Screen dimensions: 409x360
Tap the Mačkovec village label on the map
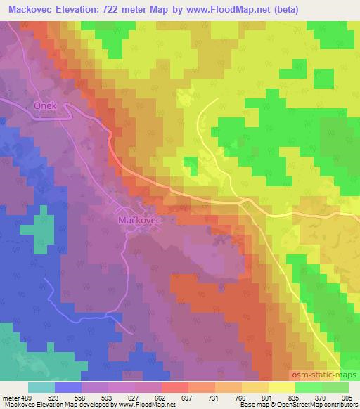pyautogui.click(x=136, y=220)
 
